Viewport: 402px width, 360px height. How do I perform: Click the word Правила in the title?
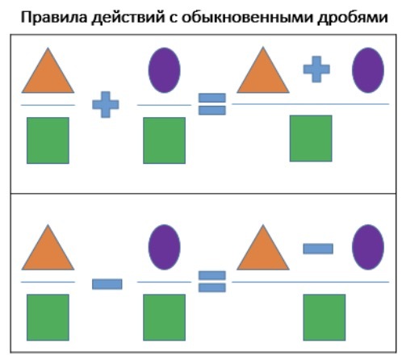click(x=54, y=17)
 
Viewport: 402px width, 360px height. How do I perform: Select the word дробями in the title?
click(x=353, y=18)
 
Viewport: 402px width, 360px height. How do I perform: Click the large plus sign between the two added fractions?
click(x=106, y=104)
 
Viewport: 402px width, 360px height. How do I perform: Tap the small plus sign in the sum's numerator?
click(x=316, y=69)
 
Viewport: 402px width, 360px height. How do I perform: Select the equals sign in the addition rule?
click(x=212, y=104)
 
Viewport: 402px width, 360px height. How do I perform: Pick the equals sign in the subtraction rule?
click(x=212, y=282)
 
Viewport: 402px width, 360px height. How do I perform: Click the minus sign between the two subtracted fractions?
click(x=107, y=284)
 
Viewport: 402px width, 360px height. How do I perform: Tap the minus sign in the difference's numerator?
click(x=318, y=249)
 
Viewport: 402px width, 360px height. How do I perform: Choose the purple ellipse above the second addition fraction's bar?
click(x=164, y=70)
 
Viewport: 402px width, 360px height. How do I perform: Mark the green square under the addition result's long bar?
click(x=311, y=139)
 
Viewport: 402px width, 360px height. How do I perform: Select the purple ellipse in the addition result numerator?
click(x=368, y=70)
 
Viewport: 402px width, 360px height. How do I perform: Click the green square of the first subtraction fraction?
click(x=48, y=317)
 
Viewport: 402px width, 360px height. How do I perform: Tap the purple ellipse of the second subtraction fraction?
click(x=164, y=247)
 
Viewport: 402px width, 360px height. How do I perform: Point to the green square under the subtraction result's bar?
click(x=325, y=317)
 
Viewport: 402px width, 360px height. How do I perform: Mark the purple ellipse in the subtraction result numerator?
click(x=368, y=247)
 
